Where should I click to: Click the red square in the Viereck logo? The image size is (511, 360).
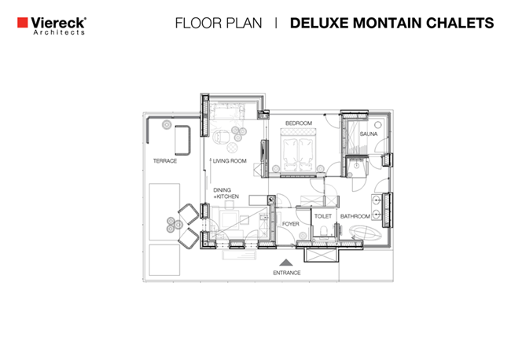[x=23, y=23]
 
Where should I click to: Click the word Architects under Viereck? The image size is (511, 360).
[x=59, y=32]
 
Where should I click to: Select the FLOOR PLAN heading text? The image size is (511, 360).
[x=219, y=23]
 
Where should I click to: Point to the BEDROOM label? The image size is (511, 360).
[x=299, y=123]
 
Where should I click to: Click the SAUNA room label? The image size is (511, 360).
[x=369, y=134]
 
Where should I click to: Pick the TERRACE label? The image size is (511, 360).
[x=165, y=161]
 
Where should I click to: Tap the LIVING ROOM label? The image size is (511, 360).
[x=230, y=161]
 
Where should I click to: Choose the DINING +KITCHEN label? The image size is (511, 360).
[x=226, y=193]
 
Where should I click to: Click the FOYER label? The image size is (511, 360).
[x=290, y=224]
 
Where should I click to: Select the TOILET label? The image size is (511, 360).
[x=323, y=216]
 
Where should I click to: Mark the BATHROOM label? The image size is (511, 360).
[x=355, y=216]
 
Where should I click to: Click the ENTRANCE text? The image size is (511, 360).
[x=287, y=273]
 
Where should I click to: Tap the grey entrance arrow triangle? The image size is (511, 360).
[x=286, y=263]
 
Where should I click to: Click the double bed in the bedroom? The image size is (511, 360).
[x=298, y=150]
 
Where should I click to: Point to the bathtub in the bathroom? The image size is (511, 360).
[x=366, y=233]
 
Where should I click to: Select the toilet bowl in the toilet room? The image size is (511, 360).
[x=324, y=232]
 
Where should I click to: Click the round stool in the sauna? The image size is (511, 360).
[x=377, y=125]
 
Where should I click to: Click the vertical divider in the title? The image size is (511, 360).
[x=276, y=23]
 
